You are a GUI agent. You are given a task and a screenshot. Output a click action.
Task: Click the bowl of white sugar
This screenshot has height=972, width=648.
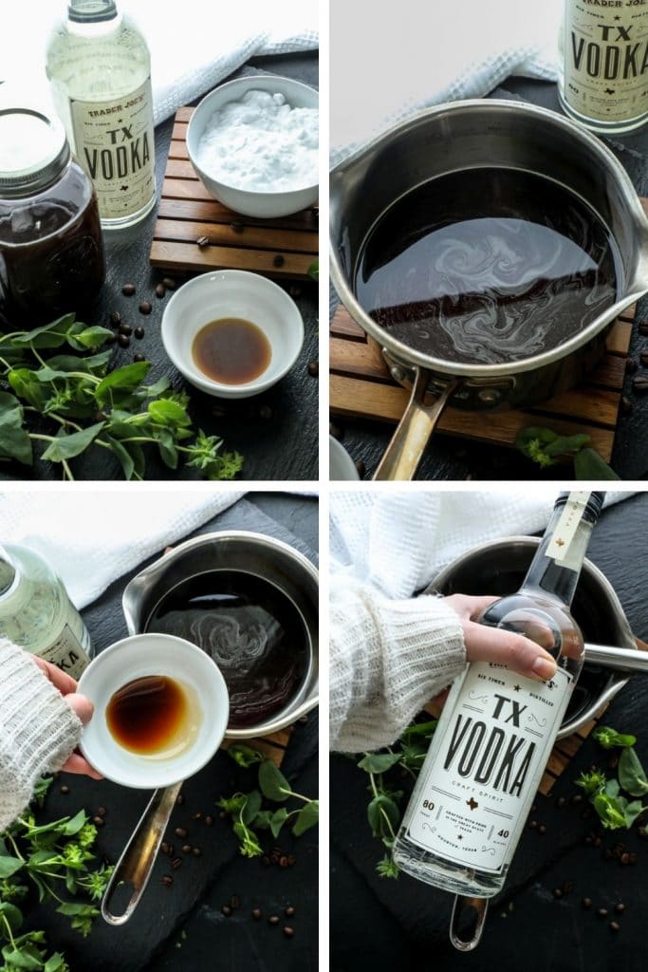point(253,145)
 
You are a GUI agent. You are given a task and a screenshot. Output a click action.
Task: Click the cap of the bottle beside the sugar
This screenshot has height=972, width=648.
point(91,10)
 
